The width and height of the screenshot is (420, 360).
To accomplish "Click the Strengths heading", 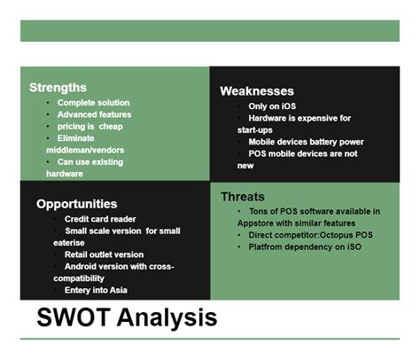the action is point(58,88).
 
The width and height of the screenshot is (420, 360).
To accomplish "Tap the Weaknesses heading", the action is point(257,91).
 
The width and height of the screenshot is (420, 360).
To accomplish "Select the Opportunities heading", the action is point(77,204).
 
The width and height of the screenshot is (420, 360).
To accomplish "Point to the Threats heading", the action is point(243,197).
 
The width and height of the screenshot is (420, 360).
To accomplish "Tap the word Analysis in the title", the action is point(167,318).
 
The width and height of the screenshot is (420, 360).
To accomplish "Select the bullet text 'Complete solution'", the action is point(93,103).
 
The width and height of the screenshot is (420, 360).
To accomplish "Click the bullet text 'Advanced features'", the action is point(94,114).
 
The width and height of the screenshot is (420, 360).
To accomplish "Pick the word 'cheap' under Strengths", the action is point(111,127).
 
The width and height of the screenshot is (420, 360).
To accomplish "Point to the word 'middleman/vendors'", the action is point(85,150).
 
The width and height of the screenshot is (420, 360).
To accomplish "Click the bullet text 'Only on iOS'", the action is point(272,106).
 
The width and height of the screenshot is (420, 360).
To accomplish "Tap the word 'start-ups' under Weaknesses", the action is point(255,130).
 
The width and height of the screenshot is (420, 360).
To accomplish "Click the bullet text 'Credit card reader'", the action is point(100,219).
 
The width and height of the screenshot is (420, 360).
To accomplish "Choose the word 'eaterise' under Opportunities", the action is point(69,243).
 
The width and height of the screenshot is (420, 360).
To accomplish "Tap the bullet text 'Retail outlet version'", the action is point(104,254).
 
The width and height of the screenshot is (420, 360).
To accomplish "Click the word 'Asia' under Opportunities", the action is point(119,290).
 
